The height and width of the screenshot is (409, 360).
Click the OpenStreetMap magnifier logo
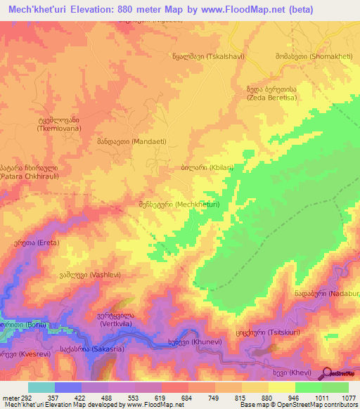(x=327, y=373)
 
